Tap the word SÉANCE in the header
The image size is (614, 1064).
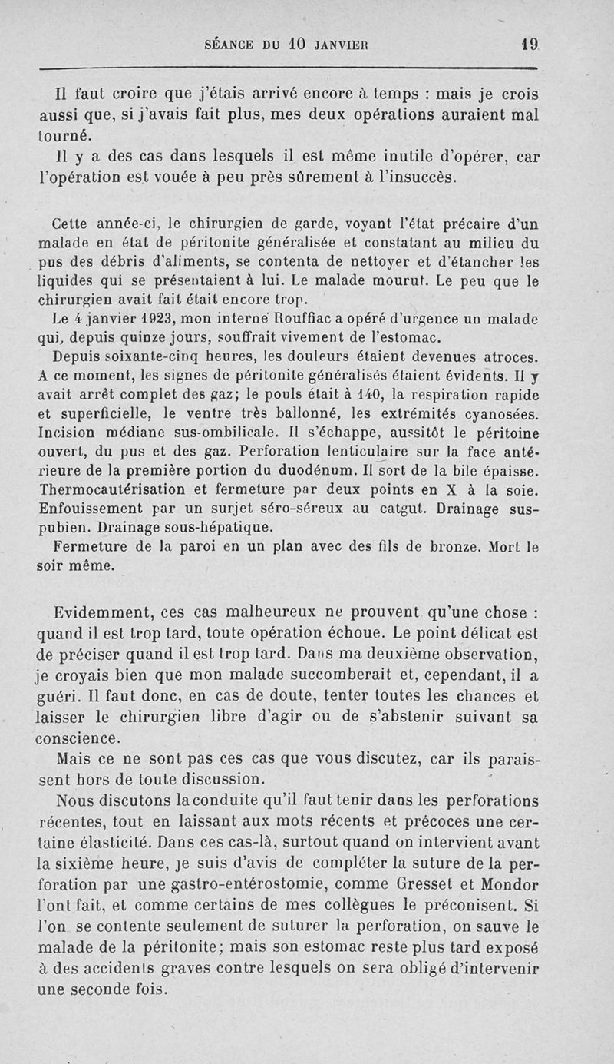[231, 45]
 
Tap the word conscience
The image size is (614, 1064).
[78, 739]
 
